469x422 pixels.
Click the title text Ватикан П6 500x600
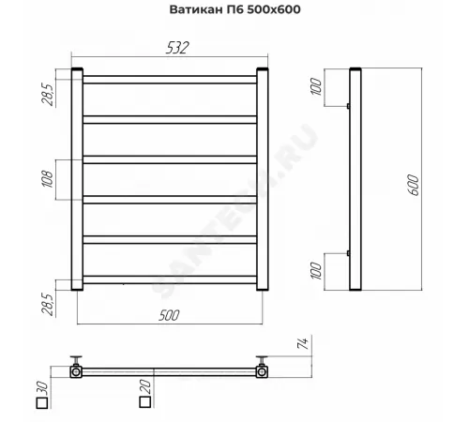pyautogui.click(x=234, y=9)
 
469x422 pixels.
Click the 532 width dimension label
pyautogui.click(x=177, y=48)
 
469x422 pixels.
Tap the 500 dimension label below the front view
pyautogui.click(x=169, y=315)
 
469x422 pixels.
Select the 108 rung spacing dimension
pyautogui.click(x=48, y=179)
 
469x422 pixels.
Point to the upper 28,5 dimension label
pyautogui.click(x=49, y=95)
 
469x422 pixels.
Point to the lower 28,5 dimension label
pyautogui.click(x=49, y=304)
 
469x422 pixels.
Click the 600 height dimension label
pyautogui.click(x=414, y=186)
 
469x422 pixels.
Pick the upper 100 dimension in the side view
pyautogui.click(x=316, y=86)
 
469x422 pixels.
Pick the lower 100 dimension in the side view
pyautogui.click(x=316, y=271)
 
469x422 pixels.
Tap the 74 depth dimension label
pyautogui.click(x=303, y=343)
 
